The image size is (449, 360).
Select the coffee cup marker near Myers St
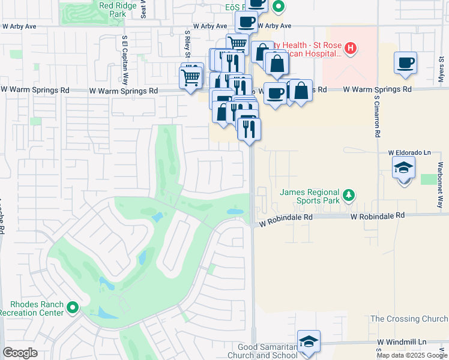point(405,62)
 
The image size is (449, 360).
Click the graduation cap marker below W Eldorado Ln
point(404,168)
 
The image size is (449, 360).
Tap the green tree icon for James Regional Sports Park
point(348,195)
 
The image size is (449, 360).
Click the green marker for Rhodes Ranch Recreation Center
point(73,308)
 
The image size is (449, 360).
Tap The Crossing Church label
point(409,319)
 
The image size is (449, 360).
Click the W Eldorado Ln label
point(409,153)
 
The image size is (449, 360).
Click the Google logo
point(20,353)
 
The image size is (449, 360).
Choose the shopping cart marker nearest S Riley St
point(191,77)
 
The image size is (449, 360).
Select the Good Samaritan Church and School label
point(261,351)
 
